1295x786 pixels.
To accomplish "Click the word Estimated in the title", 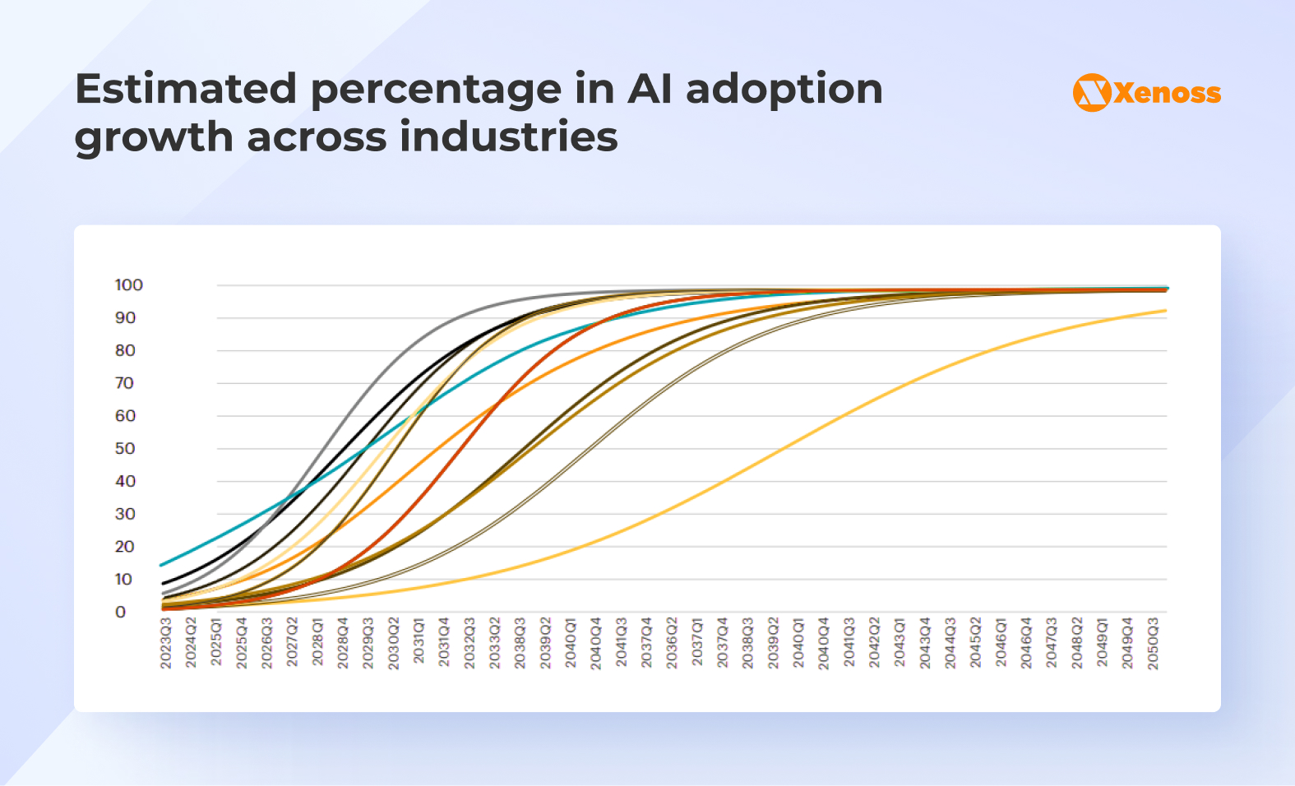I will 186,89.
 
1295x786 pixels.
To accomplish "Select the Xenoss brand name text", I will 1167,93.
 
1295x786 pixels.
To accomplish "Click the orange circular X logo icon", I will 1092,92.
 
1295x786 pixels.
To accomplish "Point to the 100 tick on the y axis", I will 128,285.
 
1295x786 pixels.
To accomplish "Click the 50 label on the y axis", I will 125,449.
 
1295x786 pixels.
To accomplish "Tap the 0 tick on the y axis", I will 121,613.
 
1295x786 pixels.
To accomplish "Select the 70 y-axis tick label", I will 125,383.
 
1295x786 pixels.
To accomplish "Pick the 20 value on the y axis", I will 125,547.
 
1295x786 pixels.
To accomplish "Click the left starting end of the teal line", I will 162,565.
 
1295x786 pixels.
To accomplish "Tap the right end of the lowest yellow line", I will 1164,311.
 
